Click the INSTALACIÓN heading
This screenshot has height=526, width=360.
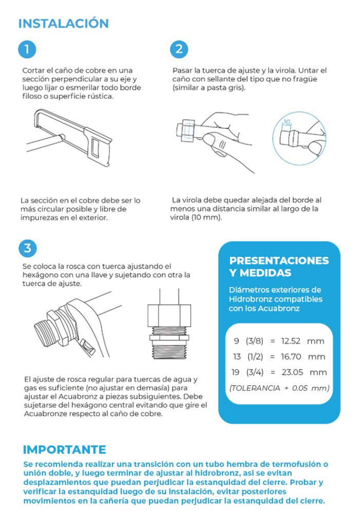(x=63, y=23)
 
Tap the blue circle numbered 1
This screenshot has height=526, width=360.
(x=27, y=49)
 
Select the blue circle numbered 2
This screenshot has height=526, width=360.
(x=179, y=49)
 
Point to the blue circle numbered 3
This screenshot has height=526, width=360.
(x=28, y=248)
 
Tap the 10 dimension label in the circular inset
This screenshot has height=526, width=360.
(x=287, y=122)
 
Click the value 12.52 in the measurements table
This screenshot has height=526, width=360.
(x=291, y=341)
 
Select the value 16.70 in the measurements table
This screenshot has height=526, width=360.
(x=291, y=356)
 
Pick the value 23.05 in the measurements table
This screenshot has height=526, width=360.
(x=292, y=372)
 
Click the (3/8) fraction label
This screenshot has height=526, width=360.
(x=255, y=341)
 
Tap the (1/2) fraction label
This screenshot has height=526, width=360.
(x=255, y=356)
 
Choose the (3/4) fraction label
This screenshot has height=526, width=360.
(x=255, y=372)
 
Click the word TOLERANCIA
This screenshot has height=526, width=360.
(x=255, y=388)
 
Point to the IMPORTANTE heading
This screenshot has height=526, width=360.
(x=64, y=449)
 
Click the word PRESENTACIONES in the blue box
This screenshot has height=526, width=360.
(x=279, y=260)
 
